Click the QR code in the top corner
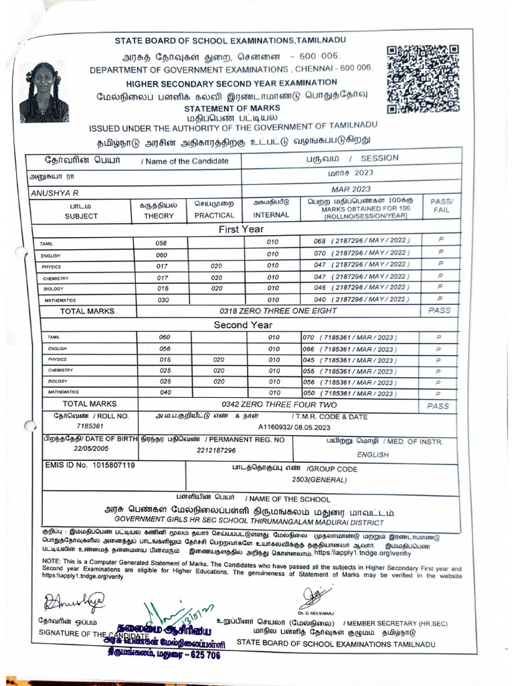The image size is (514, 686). click(x=423, y=79)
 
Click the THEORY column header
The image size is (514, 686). click(x=159, y=216)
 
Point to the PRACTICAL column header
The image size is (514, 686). click(x=214, y=216)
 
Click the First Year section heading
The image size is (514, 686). click(x=242, y=230)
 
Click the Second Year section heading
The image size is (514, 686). click(x=243, y=325)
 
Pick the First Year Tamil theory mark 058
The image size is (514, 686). click(x=161, y=243)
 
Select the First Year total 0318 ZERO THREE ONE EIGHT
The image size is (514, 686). click(x=278, y=311)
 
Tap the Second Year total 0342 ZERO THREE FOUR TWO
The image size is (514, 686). click(x=280, y=405)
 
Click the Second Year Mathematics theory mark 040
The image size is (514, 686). click(x=165, y=393)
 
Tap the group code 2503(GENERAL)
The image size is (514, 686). click(x=323, y=480)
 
